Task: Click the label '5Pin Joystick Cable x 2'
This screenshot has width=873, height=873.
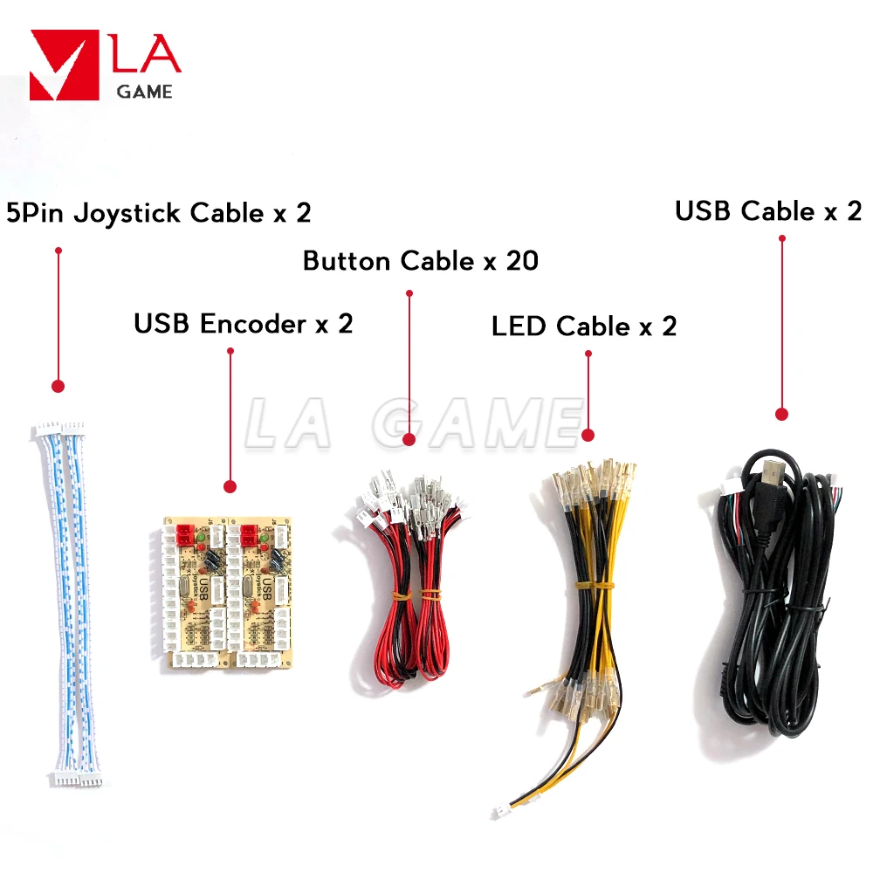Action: [158, 213]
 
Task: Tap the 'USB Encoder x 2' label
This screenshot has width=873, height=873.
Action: [244, 324]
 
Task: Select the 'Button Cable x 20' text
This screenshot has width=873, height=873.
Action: [421, 260]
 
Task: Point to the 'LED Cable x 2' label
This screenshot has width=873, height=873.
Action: [584, 327]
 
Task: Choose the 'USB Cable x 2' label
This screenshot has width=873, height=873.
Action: [768, 210]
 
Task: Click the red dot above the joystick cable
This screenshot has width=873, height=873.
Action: [58, 385]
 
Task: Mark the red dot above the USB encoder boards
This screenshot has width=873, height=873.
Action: [230, 485]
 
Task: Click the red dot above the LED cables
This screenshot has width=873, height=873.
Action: [588, 434]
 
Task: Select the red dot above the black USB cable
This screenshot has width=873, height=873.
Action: [781, 415]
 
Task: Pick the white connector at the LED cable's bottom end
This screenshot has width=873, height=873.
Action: [505, 812]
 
